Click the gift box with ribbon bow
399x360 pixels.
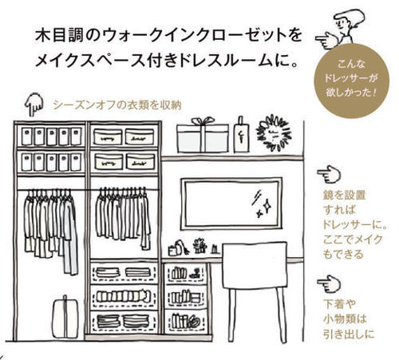tap(203, 135)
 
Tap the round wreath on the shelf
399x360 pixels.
tap(274, 133)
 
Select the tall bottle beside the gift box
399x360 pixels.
tap(241, 135)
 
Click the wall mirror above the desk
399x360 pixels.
tap(231, 204)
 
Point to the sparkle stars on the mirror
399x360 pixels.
tap(262, 204)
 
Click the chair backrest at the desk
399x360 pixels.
tap(255, 265)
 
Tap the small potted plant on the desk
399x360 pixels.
tap(200, 246)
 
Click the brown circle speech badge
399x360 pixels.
tap(351, 80)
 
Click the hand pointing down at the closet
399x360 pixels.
tap(34, 105)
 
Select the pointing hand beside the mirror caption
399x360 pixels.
tap(329, 174)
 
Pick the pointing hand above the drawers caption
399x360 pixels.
tap(329, 283)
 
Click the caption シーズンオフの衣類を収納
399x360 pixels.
tap(117, 105)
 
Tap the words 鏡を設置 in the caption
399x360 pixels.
tap(345, 196)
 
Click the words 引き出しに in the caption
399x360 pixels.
tap(349, 334)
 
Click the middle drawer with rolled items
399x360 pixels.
tap(124, 297)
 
